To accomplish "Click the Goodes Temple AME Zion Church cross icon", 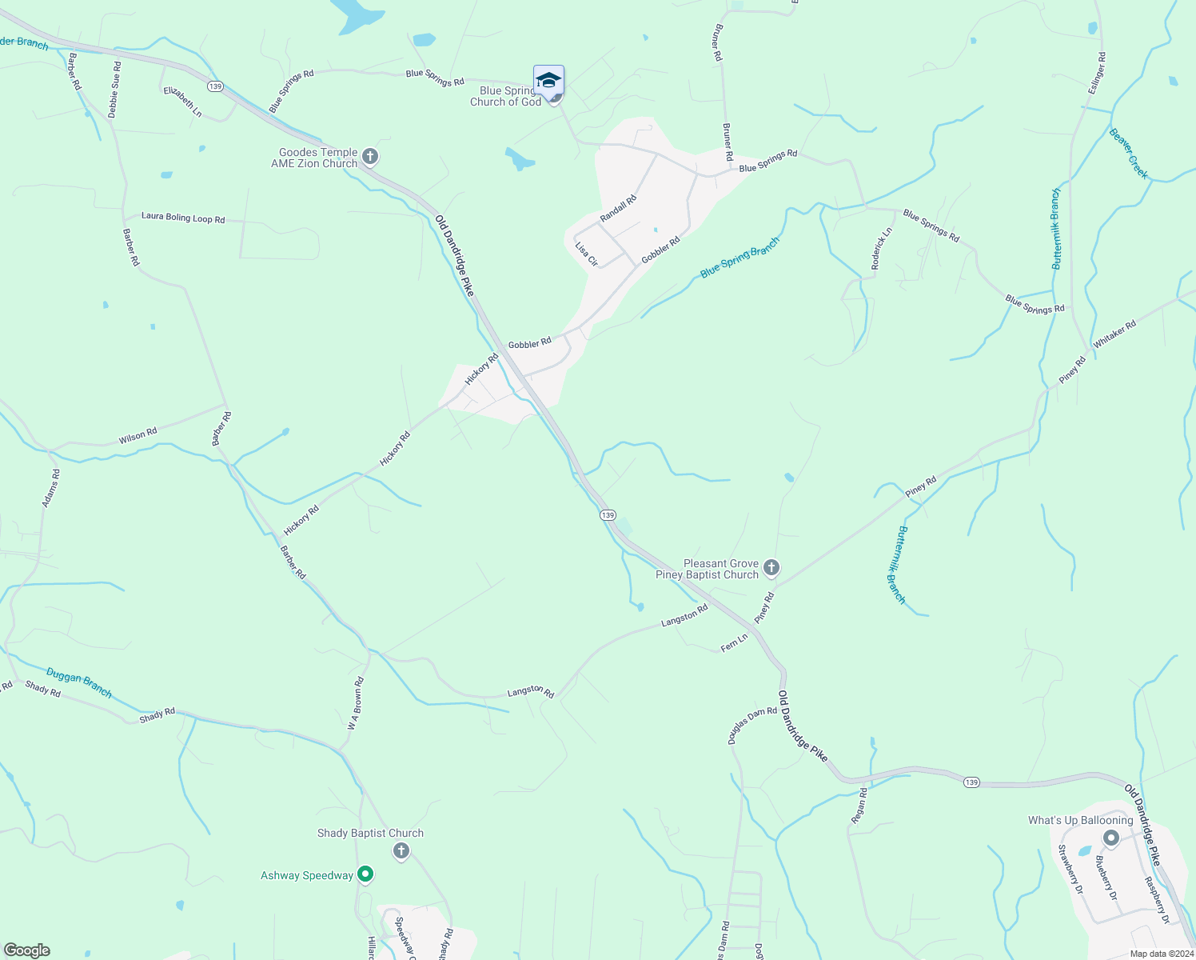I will click(x=370, y=156).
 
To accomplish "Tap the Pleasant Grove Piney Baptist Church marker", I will click(x=771, y=568).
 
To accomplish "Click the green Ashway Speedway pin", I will click(x=365, y=874).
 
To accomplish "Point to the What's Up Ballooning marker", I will click(x=1110, y=838).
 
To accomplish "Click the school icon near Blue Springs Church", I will click(x=548, y=81).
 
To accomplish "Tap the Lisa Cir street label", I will click(x=587, y=254).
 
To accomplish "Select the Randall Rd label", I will click(x=618, y=209).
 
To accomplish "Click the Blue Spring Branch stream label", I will click(x=740, y=258).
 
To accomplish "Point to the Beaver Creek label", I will click(x=1129, y=153).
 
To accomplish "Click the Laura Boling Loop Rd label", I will click(x=183, y=217).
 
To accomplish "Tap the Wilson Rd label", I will click(x=138, y=436).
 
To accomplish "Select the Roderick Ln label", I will click(x=881, y=249).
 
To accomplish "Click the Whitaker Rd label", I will click(x=1114, y=334).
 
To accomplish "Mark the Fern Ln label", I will click(x=734, y=642).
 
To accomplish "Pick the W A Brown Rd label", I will click(x=356, y=704).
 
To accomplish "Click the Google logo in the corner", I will click(x=27, y=950).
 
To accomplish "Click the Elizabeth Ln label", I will click(x=182, y=102).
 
